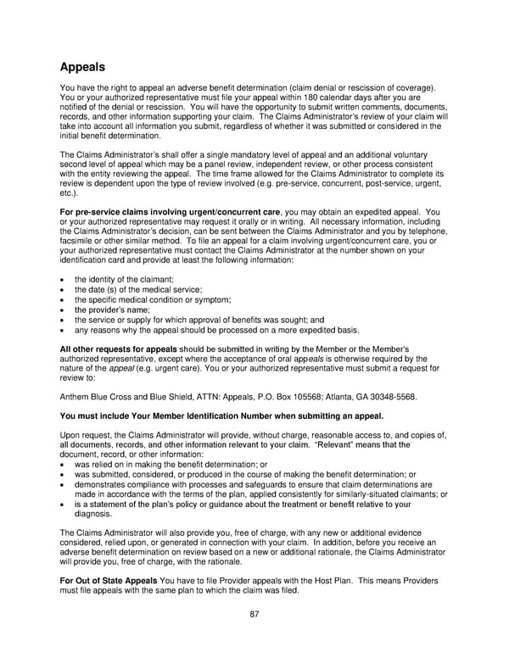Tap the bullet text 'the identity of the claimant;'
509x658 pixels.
pos(125,280)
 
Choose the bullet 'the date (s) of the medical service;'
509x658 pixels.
pos(137,290)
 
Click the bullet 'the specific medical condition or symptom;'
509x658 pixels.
pos(153,300)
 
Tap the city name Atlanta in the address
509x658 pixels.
pos(347,395)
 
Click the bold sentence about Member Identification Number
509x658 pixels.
pos(221,415)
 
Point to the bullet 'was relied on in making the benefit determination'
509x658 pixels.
pos(171,465)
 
